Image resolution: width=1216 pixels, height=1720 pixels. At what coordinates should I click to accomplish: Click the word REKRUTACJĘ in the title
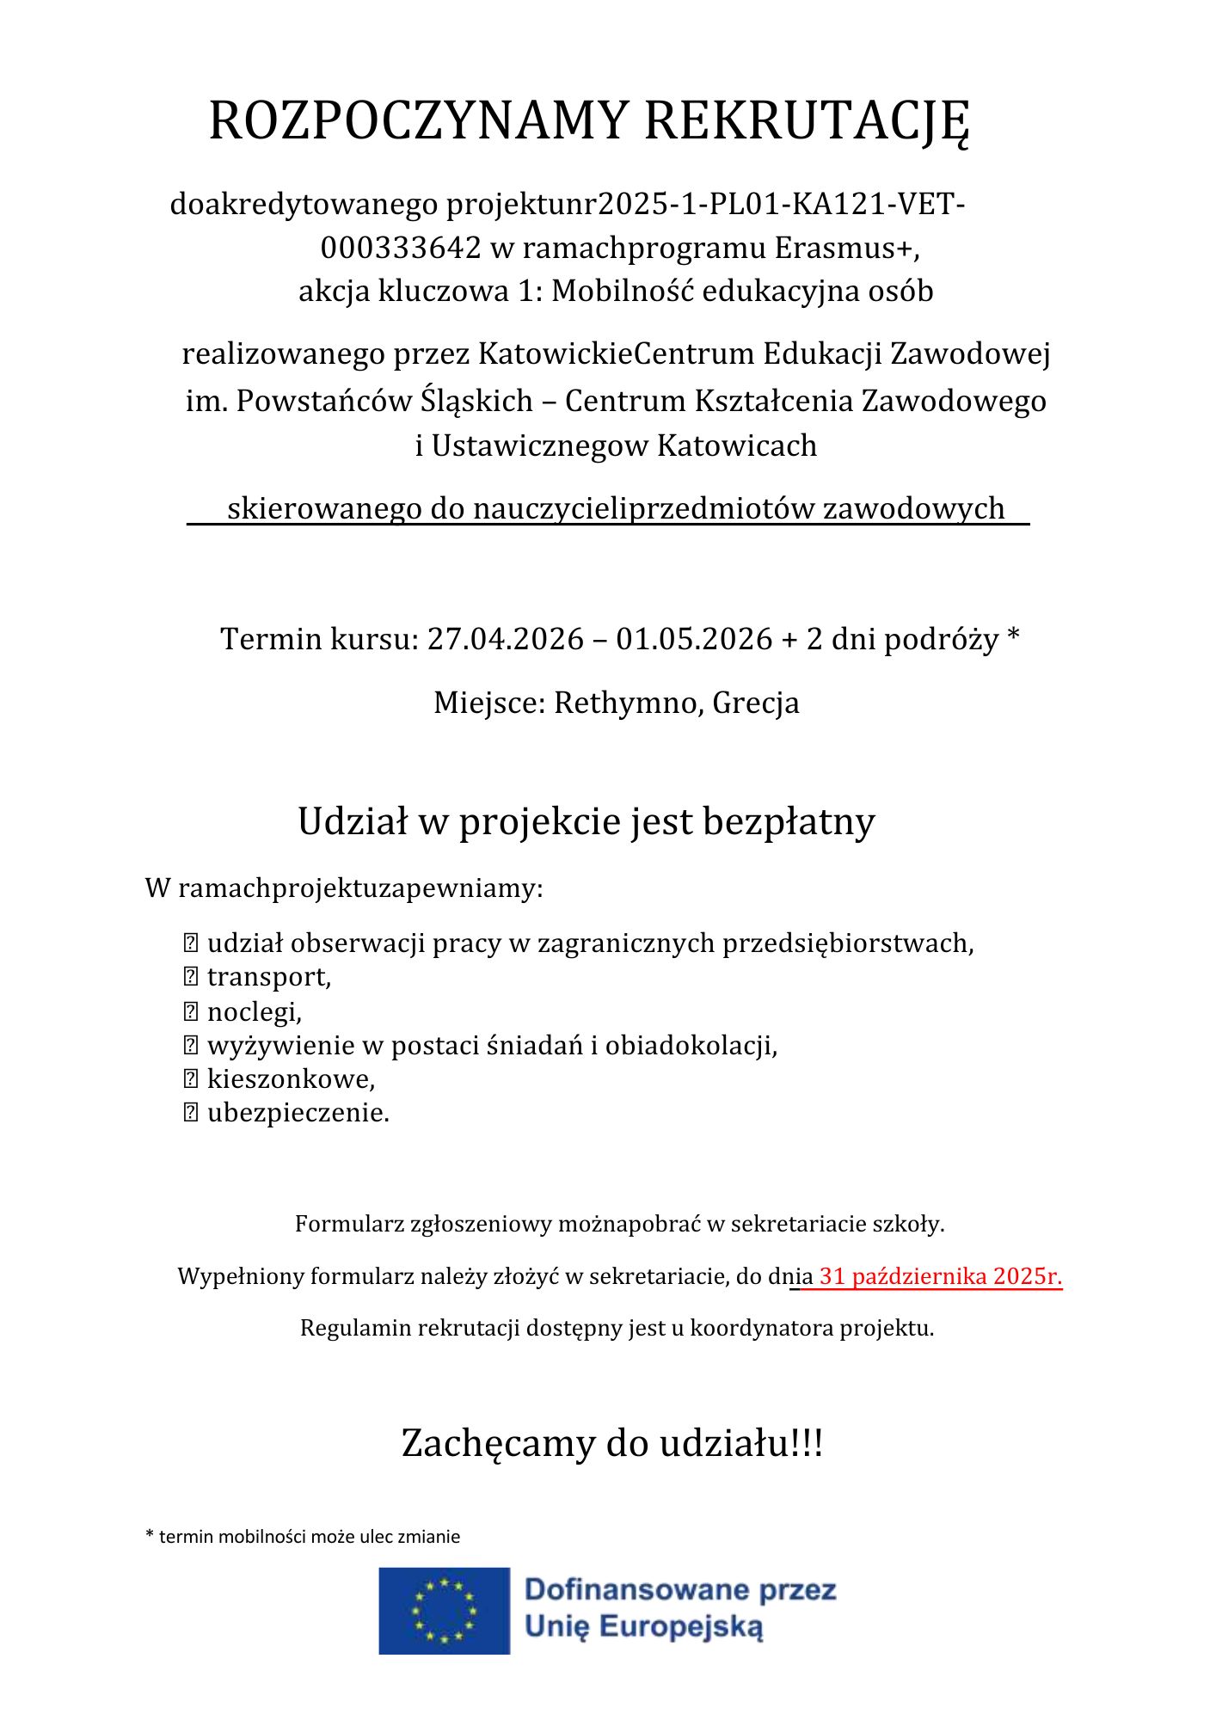click(807, 121)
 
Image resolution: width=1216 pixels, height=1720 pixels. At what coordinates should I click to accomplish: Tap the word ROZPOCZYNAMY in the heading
click(419, 121)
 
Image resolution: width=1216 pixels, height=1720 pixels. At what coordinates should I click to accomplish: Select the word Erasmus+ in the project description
click(846, 248)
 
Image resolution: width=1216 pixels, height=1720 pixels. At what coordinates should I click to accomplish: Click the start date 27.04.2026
click(506, 639)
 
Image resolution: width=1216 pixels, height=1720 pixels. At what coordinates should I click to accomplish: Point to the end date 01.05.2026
click(694, 639)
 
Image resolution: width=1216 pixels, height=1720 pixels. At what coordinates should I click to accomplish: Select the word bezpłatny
click(789, 821)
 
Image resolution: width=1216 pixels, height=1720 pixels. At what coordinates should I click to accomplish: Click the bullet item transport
click(268, 977)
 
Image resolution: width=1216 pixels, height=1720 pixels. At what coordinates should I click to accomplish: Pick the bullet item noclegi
click(255, 1011)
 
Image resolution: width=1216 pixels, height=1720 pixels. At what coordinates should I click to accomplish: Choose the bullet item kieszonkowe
click(291, 1078)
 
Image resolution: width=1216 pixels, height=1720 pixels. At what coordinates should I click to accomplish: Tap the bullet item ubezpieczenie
click(298, 1113)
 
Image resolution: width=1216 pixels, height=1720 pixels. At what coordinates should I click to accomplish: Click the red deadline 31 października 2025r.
click(940, 1276)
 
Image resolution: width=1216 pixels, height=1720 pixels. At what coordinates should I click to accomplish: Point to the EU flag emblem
click(445, 1611)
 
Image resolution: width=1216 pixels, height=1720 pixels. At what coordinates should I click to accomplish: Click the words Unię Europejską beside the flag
click(643, 1627)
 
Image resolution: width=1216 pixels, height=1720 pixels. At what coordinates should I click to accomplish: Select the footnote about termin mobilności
click(304, 1537)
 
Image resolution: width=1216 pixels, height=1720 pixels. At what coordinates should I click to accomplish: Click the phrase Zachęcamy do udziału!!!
click(612, 1443)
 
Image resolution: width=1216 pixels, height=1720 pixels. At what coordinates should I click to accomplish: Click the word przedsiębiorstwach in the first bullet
click(847, 943)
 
